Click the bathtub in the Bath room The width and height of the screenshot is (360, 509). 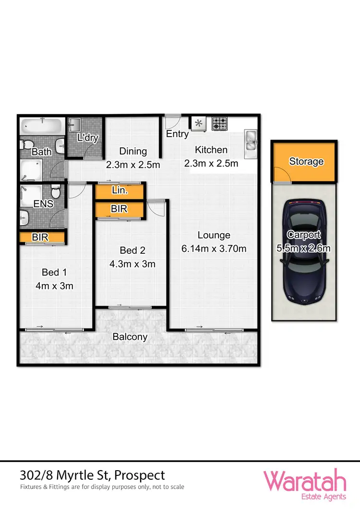point(41,127)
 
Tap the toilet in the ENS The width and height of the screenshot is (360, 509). point(56,192)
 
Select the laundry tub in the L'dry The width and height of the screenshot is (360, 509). point(74,126)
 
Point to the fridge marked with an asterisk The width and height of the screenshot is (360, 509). point(199,124)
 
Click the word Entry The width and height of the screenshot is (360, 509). point(177,134)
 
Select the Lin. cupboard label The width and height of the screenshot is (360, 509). point(119,190)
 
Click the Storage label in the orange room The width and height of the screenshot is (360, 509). point(306,162)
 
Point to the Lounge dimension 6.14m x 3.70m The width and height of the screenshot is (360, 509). point(214,248)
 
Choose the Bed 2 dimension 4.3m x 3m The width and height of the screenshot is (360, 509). point(132,263)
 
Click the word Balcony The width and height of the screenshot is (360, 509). point(130,337)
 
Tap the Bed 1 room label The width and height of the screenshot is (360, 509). point(54,272)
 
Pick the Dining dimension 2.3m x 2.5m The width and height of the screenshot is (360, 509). point(132,165)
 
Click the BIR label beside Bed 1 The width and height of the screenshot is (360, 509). point(40,237)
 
